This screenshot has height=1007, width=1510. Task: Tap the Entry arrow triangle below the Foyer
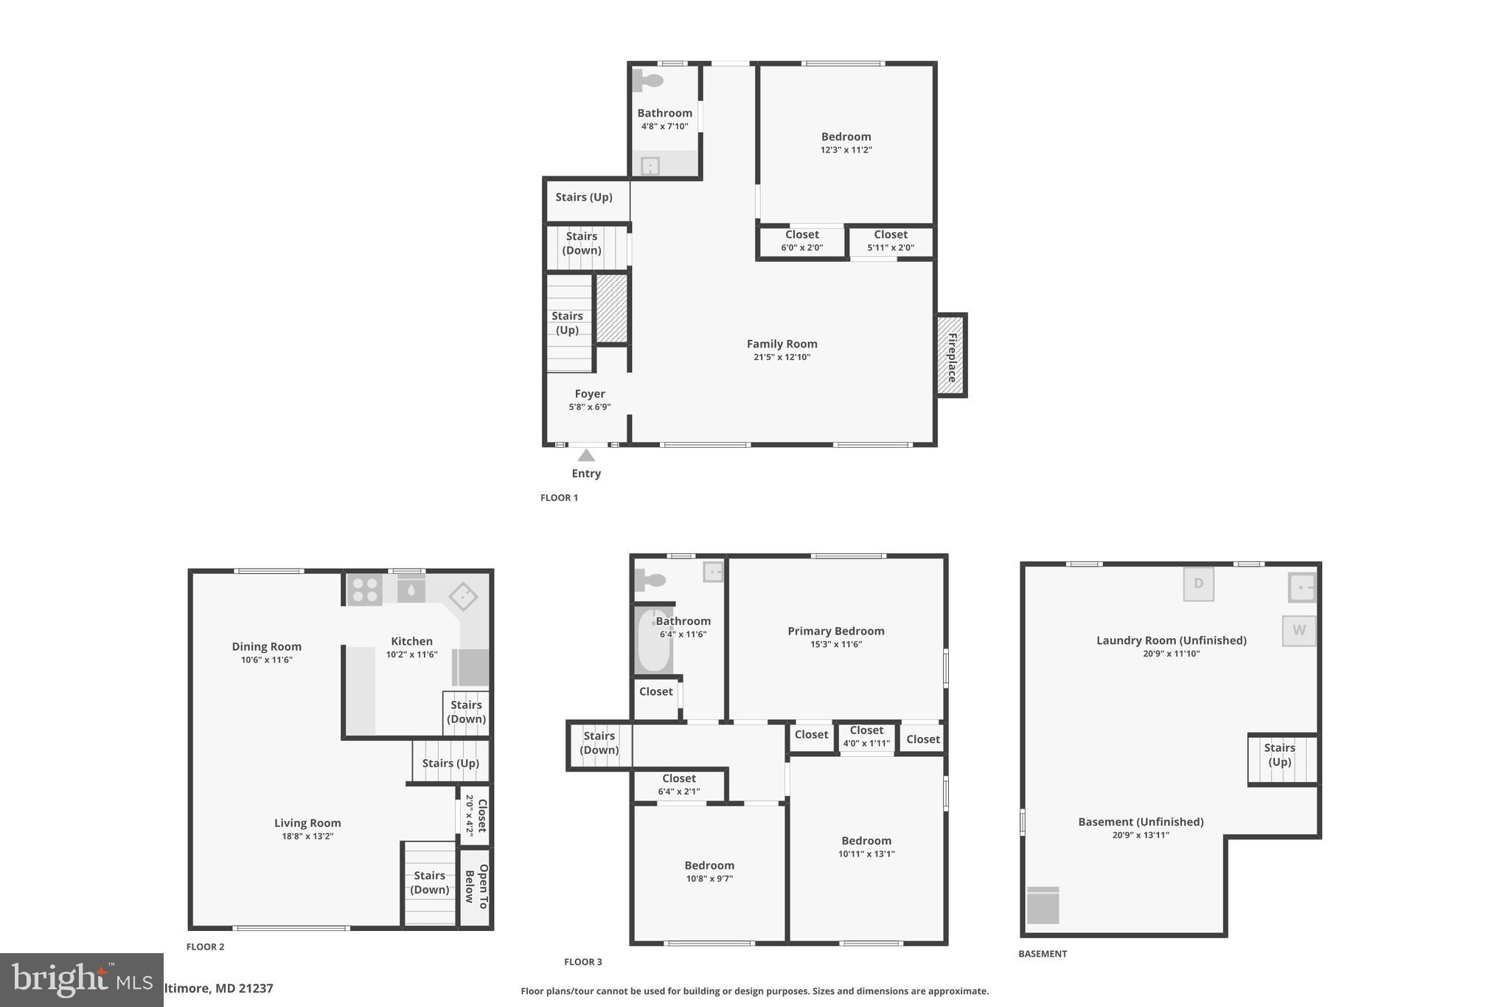(x=586, y=455)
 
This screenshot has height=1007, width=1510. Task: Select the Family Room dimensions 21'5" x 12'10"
(x=782, y=357)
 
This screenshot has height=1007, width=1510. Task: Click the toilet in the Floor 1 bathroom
(x=648, y=80)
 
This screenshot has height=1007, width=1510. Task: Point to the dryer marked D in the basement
(x=1198, y=584)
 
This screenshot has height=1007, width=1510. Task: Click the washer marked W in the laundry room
(x=1298, y=631)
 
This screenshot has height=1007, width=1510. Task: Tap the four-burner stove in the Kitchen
(x=364, y=590)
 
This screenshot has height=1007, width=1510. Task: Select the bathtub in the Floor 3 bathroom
(x=653, y=640)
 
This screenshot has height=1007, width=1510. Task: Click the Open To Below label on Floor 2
(x=476, y=887)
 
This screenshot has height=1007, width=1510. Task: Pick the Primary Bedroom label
(x=835, y=631)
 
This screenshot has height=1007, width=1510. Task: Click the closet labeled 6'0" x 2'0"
(x=801, y=241)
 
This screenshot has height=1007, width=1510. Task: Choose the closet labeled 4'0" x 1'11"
(x=866, y=736)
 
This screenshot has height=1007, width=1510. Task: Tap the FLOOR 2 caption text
(x=205, y=947)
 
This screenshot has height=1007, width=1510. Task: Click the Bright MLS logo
(x=81, y=980)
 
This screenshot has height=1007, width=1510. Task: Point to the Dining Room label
(x=266, y=646)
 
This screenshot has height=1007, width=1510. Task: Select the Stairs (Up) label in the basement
(x=1279, y=755)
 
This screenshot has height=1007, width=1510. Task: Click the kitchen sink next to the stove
(x=411, y=590)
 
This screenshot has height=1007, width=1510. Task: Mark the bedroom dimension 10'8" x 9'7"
(x=709, y=879)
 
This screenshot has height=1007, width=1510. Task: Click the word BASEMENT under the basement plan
(x=1043, y=954)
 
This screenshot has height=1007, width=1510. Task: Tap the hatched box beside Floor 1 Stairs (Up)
(x=611, y=308)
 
